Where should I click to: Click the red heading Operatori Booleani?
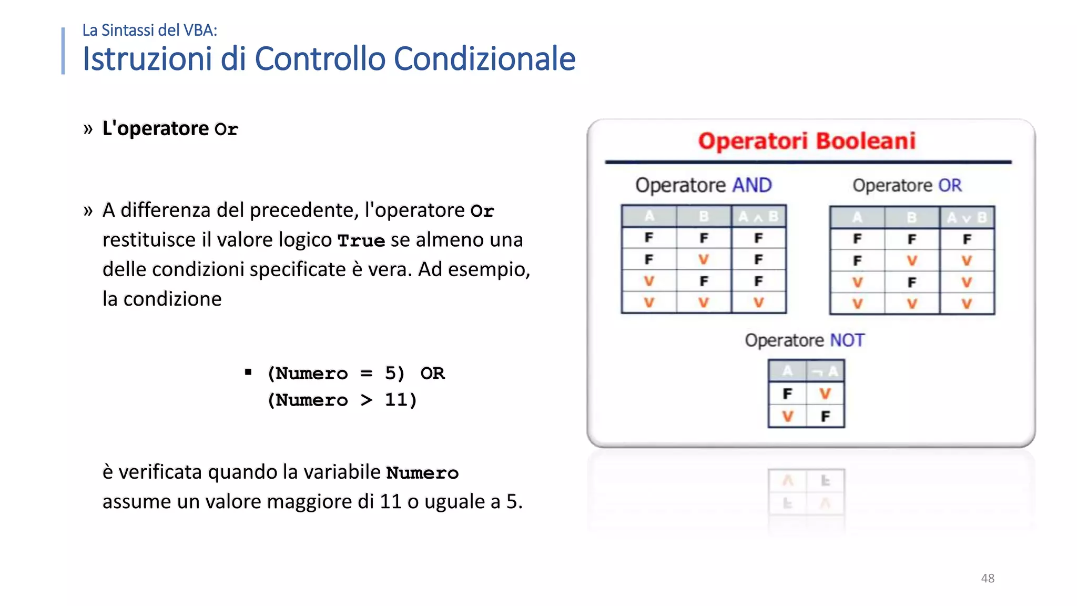click(x=807, y=141)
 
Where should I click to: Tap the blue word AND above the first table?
click(x=752, y=185)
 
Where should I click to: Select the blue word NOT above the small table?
click(x=847, y=340)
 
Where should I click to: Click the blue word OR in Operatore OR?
click(x=950, y=185)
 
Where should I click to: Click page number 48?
click(x=988, y=578)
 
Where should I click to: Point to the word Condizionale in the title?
click(x=484, y=58)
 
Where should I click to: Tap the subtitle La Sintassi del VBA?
click(x=149, y=31)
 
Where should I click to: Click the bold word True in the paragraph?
click(x=361, y=240)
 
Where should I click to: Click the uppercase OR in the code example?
click(x=432, y=373)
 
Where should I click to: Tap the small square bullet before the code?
click(x=248, y=372)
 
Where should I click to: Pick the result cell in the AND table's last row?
click(x=758, y=302)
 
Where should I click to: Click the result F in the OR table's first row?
click(x=967, y=239)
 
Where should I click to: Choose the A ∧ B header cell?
click(x=758, y=216)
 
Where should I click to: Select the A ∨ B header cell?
click(x=967, y=217)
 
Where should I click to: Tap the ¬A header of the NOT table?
click(x=825, y=371)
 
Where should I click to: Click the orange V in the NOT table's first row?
click(x=825, y=393)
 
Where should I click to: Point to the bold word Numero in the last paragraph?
click(x=422, y=472)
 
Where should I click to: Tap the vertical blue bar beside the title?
click(x=63, y=50)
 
